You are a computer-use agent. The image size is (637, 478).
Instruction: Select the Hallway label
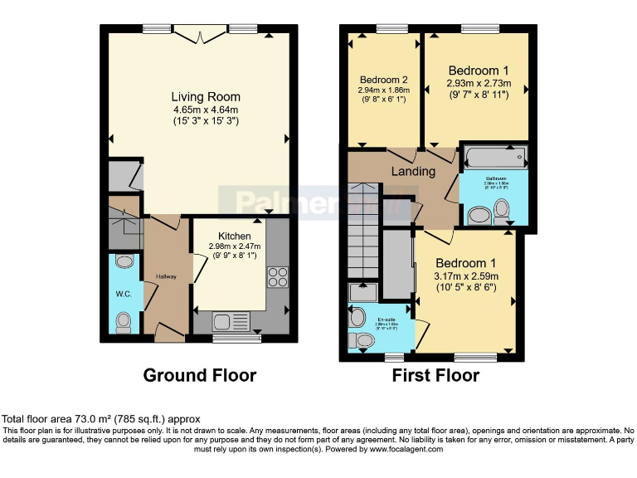coord(167,276)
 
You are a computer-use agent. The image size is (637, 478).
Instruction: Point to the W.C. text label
coord(122,292)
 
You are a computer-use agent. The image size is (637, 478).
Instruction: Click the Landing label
coord(413,172)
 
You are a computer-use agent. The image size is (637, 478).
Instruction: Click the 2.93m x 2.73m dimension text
coord(478,84)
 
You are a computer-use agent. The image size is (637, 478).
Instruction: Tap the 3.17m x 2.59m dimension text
coord(465,276)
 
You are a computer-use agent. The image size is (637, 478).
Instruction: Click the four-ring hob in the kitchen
coord(277,277)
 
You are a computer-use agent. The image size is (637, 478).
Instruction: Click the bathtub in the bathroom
coord(495,156)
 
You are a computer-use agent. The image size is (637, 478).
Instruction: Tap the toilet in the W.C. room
coord(124,320)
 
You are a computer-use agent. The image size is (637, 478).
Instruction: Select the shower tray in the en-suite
coord(362,292)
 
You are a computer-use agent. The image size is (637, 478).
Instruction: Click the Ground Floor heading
coord(200,375)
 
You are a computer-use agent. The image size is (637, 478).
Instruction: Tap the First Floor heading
coord(435,375)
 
